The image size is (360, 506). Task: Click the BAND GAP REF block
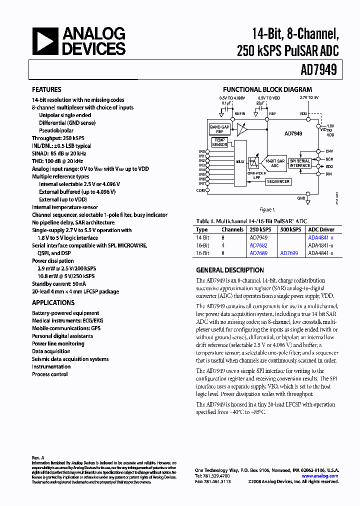tap(219, 129)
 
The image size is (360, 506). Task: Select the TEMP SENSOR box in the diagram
tap(219, 142)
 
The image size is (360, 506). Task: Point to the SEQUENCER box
tap(277, 181)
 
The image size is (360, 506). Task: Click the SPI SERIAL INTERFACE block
tap(300, 162)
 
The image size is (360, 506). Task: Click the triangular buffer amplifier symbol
tap(242, 130)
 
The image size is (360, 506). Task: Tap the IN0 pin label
tap(202, 151)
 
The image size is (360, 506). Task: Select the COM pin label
tap(201, 190)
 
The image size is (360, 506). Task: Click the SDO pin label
tap(329, 166)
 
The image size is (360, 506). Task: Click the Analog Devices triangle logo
tap(45, 41)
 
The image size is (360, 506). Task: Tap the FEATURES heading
tap(46, 90)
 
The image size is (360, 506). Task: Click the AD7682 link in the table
tap(258, 245)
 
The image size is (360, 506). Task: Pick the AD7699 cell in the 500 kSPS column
tap(289, 253)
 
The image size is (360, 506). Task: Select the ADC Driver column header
tap(320, 229)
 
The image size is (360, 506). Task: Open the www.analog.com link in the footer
tap(320, 476)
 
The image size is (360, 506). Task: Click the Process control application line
tap(49, 374)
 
